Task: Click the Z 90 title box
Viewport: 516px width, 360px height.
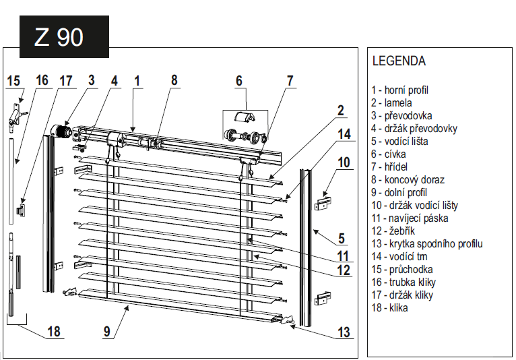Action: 59,37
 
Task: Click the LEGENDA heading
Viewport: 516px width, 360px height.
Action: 399,61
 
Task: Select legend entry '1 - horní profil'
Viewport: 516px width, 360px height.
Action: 400,90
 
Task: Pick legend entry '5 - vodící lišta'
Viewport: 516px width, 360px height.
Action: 399,142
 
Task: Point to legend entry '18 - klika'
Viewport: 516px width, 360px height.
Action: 389,308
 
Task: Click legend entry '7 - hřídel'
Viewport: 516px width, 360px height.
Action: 389,167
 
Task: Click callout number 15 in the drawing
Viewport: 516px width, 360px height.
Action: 13,81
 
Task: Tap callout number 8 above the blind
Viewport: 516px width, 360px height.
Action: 174,80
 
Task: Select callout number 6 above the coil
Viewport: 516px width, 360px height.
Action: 238,81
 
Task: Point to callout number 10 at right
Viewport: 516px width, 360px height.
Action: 344,162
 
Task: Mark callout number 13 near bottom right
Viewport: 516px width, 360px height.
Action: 344,331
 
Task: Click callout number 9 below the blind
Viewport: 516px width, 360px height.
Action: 107,331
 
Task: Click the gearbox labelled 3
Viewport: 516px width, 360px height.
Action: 63,130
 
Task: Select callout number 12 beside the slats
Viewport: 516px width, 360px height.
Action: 344,270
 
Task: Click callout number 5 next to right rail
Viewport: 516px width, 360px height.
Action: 342,238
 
